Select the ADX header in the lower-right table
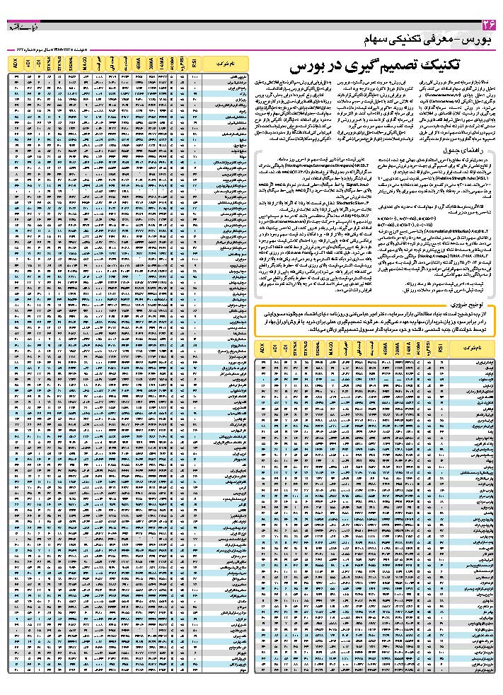click(262, 350)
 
